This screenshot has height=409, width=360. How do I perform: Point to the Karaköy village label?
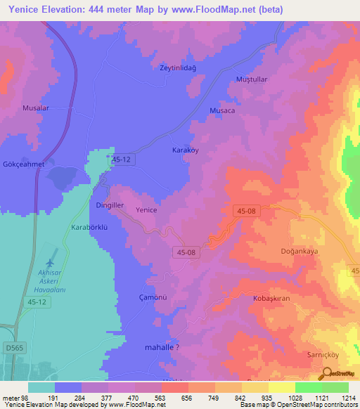188,150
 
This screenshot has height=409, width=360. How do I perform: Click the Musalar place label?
36,108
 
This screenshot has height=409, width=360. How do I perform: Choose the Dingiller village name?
110,205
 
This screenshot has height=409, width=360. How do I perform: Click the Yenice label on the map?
146,210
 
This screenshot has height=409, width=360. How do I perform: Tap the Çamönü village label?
152,297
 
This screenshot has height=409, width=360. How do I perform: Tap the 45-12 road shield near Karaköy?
122,160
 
